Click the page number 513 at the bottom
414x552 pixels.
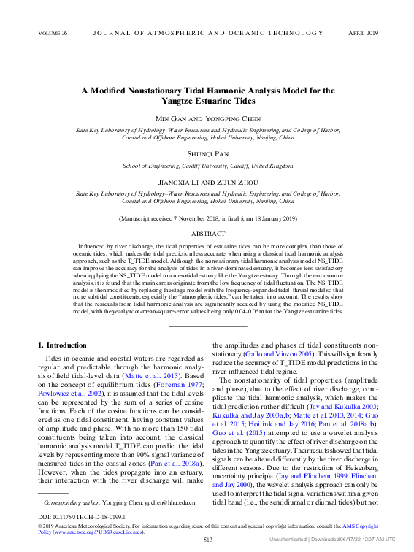(207, 540)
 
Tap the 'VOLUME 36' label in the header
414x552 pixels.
(53, 34)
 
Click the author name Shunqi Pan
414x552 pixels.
(207, 155)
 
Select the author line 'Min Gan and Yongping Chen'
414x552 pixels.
(207, 119)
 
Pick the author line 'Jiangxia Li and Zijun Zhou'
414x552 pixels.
(207, 181)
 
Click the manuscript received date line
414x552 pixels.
(207, 218)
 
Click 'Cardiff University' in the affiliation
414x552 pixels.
(223, 166)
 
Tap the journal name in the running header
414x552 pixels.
(207, 34)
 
